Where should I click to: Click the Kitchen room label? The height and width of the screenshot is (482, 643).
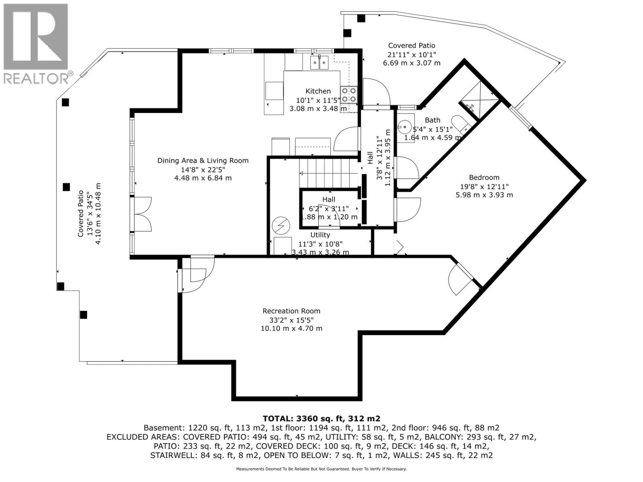(x=318, y=91)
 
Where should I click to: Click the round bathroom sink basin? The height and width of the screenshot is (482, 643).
(x=405, y=127)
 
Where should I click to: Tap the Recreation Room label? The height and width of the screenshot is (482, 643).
(x=291, y=311)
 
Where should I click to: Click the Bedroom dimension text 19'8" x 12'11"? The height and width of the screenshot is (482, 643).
(x=484, y=187)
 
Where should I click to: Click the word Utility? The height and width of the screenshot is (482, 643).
(x=320, y=235)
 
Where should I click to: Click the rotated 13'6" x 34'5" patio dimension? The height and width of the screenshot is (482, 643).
(x=90, y=214)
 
